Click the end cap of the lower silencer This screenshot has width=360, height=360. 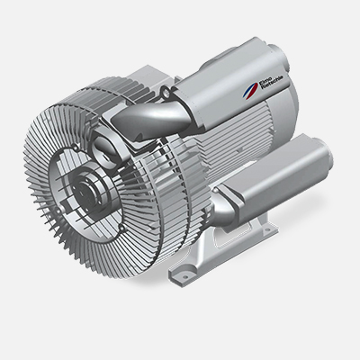coord(307,152)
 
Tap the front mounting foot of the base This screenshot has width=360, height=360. coord(184,271)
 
